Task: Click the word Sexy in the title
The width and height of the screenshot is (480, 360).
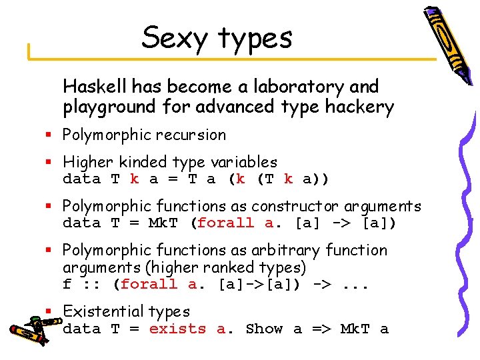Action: (x=171, y=37)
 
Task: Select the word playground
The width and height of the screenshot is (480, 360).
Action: (x=109, y=107)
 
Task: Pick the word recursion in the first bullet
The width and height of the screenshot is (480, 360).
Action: (x=192, y=135)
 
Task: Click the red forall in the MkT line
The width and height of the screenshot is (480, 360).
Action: (x=225, y=223)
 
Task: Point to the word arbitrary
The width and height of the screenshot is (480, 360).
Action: (x=355, y=250)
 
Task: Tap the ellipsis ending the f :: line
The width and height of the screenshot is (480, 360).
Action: (x=357, y=284)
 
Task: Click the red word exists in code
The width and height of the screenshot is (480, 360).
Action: (x=178, y=329)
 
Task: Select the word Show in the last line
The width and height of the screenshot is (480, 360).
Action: (x=265, y=329)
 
